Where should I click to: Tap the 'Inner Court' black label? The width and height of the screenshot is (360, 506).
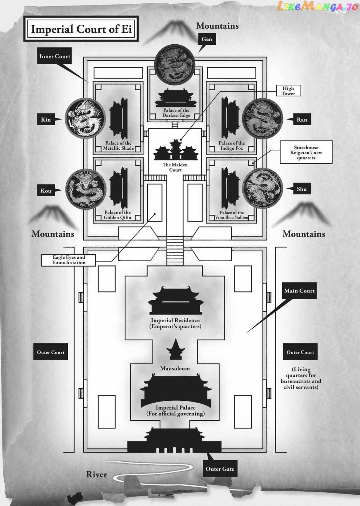54,56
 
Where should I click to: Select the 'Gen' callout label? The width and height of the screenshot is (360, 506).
207,39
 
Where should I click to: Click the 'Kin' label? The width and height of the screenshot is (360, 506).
46,119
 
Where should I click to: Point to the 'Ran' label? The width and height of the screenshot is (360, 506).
302,119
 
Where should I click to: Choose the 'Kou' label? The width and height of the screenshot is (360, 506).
46,191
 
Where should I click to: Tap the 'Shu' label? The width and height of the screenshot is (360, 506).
302,189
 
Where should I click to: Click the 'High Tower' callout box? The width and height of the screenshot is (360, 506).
288,91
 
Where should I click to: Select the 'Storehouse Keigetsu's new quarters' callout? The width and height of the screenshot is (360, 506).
306,152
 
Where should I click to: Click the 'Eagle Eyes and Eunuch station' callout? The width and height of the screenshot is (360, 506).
69,260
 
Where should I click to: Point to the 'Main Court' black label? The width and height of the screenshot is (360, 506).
299,291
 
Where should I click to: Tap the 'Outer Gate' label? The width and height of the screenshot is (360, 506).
220,469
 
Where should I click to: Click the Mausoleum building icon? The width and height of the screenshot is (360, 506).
175,350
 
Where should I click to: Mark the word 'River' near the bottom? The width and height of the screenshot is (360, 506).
97,474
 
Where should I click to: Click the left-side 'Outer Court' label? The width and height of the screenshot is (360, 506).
50,352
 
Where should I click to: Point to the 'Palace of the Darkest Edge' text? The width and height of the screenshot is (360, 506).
176,113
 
